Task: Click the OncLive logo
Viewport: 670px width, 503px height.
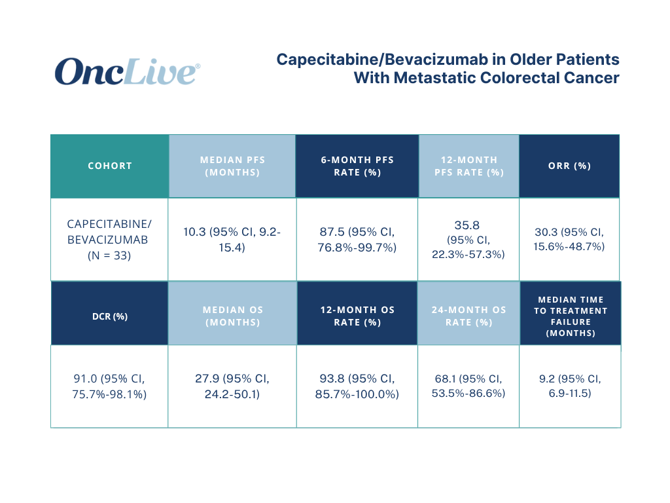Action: coord(128,71)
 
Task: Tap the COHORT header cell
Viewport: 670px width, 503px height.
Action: coord(110,166)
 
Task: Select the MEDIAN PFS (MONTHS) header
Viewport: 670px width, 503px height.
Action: coord(232,166)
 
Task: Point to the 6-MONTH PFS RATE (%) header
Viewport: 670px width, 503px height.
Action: coord(357,166)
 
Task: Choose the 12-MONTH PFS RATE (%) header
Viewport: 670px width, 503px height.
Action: coord(468,166)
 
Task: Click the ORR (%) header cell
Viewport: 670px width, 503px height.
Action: coord(569,166)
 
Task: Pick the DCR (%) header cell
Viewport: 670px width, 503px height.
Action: coord(110,316)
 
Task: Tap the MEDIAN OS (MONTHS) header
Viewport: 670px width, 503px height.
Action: coord(232,316)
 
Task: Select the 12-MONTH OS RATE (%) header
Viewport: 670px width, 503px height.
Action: coord(357,316)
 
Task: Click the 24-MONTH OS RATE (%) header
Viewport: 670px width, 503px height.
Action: coord(468,316)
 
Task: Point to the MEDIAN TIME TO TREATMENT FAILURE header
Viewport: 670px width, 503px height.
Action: coord(571,316)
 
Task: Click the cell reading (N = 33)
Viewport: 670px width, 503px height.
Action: coord(109,256)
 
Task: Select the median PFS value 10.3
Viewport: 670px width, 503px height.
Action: coord(194,232)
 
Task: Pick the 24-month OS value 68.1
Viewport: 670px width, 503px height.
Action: coord(445,379)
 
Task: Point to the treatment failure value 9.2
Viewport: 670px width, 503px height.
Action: coord(546,379)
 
